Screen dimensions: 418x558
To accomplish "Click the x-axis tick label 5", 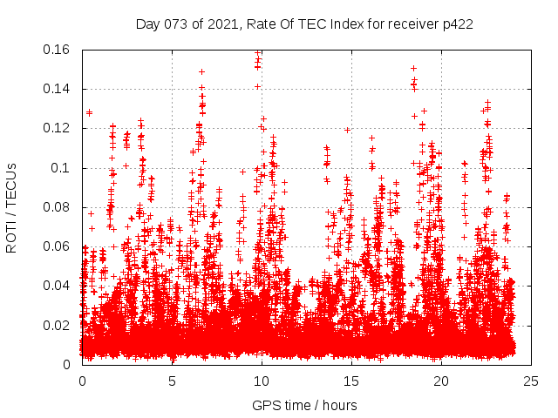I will pos(172,381).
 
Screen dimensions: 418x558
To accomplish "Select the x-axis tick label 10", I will pos(262,381).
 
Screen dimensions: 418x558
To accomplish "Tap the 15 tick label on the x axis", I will pos(351,381).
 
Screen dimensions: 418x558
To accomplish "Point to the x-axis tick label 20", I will pos(441,381).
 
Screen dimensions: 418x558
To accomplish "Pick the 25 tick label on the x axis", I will pos(531,381).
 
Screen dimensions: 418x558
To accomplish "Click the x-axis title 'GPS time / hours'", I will pos(304,405).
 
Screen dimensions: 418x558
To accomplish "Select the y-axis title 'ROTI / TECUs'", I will pos(11,207).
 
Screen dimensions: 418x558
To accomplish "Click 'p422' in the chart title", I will pos(456,24).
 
